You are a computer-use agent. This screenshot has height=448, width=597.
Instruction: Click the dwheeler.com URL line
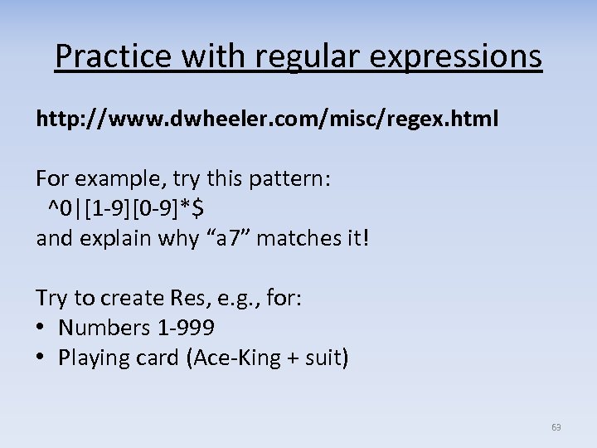(x=267, y=119)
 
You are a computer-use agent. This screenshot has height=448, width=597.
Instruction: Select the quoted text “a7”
(x=232, y=239)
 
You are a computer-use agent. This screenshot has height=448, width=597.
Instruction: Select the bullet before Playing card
(x=42, y=358)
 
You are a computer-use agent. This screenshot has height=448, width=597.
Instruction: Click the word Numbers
(x=104, y=329)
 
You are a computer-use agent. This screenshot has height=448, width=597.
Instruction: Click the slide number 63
(x=556, y=427)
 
